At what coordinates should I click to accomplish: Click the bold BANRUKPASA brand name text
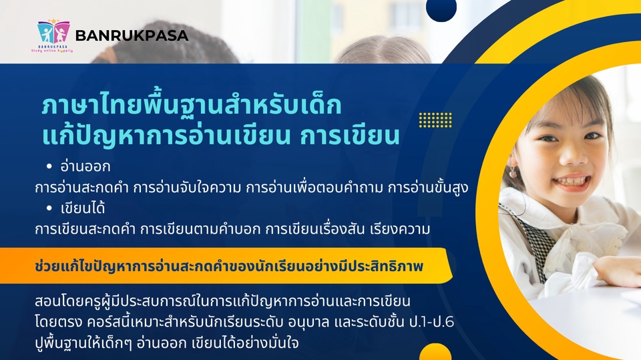(x=132, y=36)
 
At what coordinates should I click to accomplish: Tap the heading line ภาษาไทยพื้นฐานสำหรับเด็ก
(x=192, y=106)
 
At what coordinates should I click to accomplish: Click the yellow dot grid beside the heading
(x=435, y=120)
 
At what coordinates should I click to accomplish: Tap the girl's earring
(x=513, y=173)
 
